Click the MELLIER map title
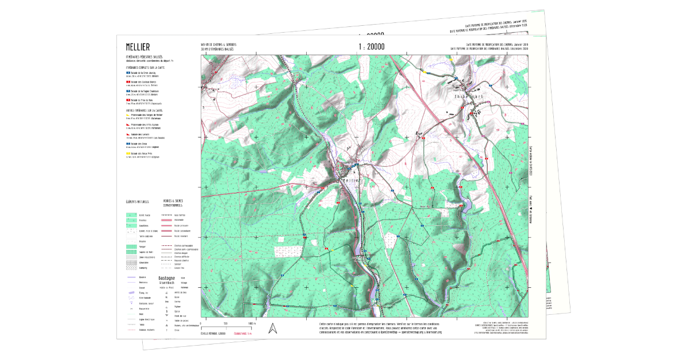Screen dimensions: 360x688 [138, 46]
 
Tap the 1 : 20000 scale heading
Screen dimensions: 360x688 [372, 46]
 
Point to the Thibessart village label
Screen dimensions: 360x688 [470, 96]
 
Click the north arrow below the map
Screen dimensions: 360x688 [273, 328]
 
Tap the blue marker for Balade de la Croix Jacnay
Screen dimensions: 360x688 [128, 73]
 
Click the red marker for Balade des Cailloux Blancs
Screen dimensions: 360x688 [128, 82]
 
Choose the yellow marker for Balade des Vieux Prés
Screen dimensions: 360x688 [128, 154]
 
